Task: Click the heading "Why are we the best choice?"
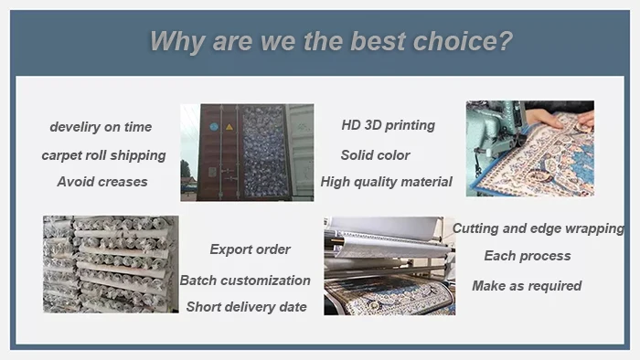coord(331,42)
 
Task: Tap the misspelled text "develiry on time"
coord(101,127)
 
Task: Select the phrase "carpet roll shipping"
coord(103,155)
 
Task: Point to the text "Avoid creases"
coord(102,182)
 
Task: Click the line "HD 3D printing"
coord(388,125)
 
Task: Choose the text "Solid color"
coord(375,155)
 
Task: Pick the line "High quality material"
coord(386,182)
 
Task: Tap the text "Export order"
coord(250,249)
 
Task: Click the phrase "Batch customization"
coord(245,281)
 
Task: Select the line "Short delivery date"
coord(246,307)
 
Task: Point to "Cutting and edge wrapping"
coord(539,229)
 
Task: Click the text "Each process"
coord(528,256)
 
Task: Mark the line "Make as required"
coord(527,286)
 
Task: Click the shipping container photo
coord(247,153)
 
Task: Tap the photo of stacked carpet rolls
coord(111,265)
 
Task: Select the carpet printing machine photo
coord(389,266)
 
